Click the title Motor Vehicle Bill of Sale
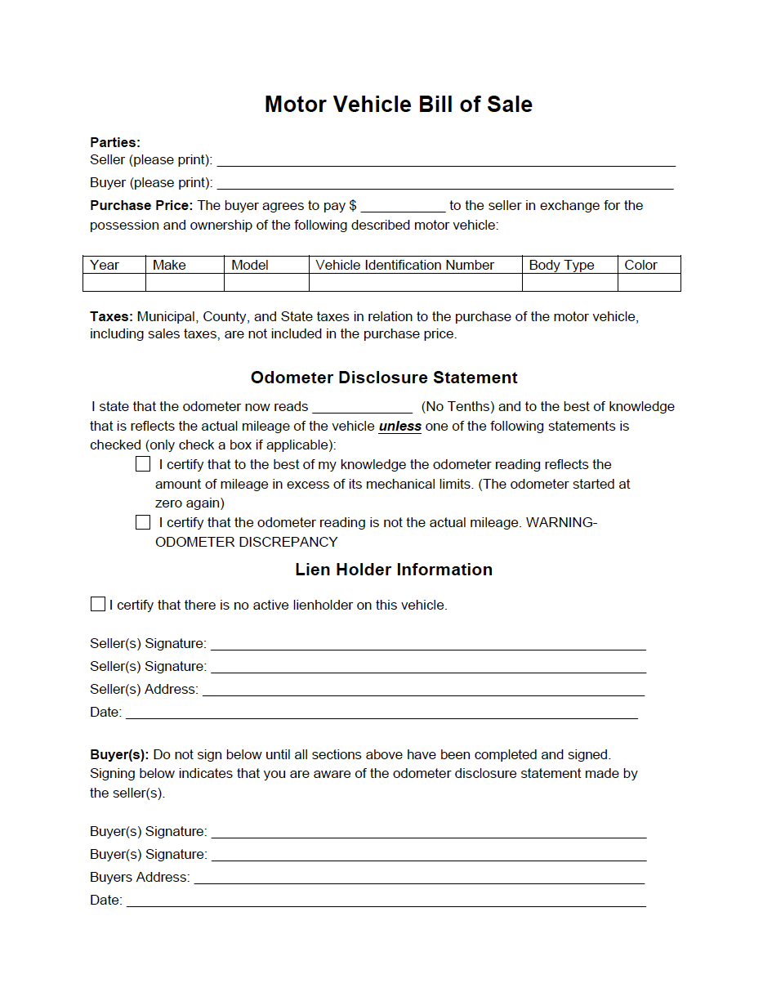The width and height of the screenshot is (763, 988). click(398, 105)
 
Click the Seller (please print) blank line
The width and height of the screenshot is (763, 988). click(445, 160)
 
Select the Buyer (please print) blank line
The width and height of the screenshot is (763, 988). click(445, 183)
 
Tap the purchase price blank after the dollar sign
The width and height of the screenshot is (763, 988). click(403, 206)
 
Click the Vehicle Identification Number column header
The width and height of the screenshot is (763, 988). click(404, 265)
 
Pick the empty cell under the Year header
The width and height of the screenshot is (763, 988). click(114, 283)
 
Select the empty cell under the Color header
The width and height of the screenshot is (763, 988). click(649, 283)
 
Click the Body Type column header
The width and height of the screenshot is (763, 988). click(561, 265)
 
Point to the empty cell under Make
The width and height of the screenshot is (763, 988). click(185, 283)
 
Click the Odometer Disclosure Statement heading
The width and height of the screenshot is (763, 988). click(384, 378)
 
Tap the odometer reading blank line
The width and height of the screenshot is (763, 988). click(362, 407)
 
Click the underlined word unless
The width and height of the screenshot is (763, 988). click(400, 427)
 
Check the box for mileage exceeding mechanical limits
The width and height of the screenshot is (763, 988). click(143, 464)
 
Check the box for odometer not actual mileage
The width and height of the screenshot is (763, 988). click(143, 522)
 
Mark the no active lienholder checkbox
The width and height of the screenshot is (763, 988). click(98, 605)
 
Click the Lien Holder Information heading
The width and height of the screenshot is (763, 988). click(394, 570)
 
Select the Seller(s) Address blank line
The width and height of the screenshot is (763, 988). click(423, 690)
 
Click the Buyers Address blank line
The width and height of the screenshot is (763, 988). click(419, 878)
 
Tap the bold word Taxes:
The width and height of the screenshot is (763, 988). click(112, 316)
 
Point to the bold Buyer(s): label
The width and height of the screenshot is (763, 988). click(119, 754)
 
